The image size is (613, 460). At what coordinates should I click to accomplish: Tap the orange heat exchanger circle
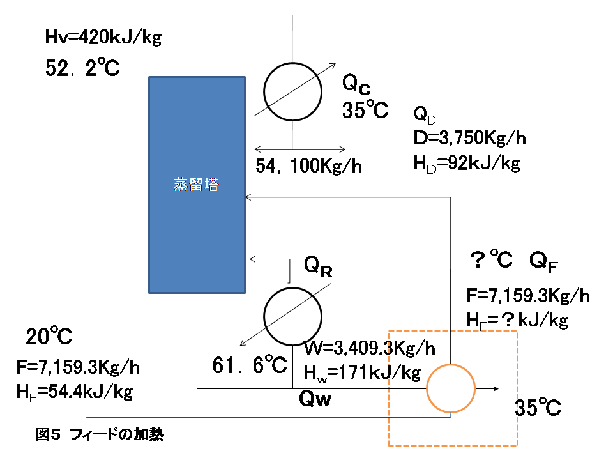pos(451,388)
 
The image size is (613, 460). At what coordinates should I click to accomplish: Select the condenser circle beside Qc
pos(292,91)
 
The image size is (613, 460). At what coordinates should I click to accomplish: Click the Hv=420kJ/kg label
pos(103,38)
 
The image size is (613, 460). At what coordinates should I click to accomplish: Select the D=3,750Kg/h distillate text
pos(470,138)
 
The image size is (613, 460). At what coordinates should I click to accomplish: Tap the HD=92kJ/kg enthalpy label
pos(467,163)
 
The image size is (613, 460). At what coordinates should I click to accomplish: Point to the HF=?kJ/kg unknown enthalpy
pos(518,320)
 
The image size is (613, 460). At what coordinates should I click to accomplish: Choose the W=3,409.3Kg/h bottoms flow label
pos(370,349)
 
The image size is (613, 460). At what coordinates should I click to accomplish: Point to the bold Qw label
pos(317,400)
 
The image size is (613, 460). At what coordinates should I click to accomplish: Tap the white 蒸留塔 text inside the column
pos(197,185)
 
